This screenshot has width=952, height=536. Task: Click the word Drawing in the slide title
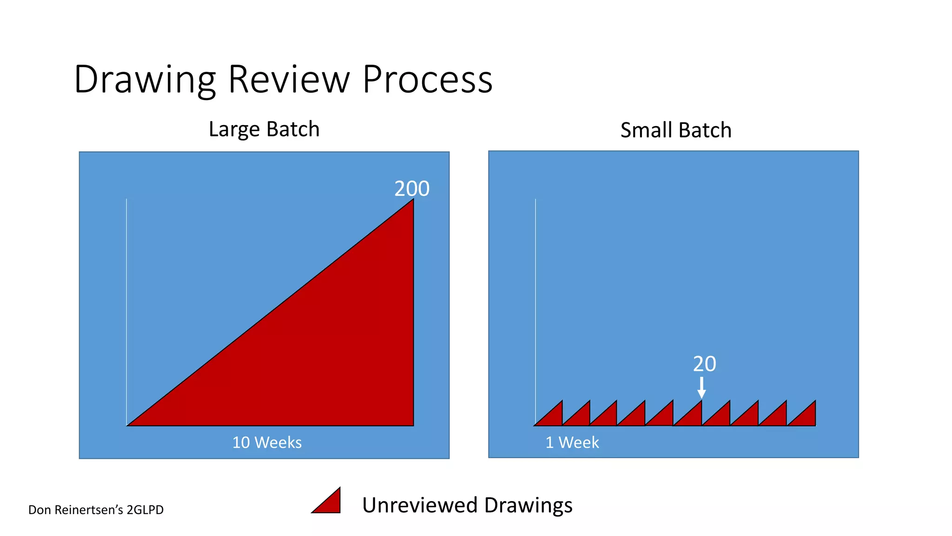click(x=145, y=80)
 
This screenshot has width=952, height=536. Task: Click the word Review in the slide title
click(x=289, y=80)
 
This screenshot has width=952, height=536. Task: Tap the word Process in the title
click(x=427, y=80)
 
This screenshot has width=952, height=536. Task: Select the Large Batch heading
click(x=264, y=129)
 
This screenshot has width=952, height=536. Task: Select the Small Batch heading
click(x=676, y=130)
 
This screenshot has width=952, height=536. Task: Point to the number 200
click(x=412, y=189)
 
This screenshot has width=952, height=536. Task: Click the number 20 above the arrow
click(x=704, y=364)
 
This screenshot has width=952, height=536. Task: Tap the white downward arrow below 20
click(x=701, y=388)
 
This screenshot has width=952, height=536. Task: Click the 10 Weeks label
click(x=267, y=442)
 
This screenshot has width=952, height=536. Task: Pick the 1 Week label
click(x=572, y=442)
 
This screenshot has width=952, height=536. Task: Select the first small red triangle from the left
click(x=553, y=417)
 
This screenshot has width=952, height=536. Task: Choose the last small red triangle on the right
click(x=807, y=417)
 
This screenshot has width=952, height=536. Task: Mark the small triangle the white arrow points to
click(x=693, y=417)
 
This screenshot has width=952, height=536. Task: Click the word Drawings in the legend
click(x=528, y=505)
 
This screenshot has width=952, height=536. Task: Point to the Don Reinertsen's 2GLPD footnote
click(x=96, y=510)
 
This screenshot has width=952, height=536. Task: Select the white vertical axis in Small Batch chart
click(x=535, y=302)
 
